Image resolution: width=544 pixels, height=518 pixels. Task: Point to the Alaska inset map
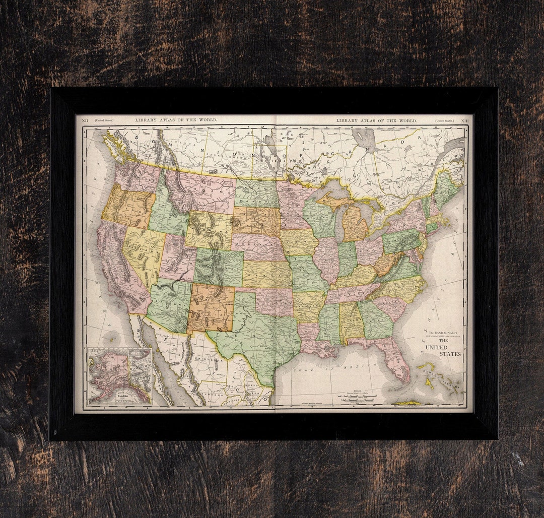pos(119,376)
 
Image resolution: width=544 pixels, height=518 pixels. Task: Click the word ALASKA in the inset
pos(122,396)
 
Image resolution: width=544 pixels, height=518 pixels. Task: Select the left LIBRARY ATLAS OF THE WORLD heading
pos(176,120)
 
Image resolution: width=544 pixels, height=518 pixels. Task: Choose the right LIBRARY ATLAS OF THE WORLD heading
pos(376,120)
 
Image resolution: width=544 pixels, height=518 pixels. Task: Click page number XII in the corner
pos(85,120)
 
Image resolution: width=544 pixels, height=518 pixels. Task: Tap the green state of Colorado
pos(219,267)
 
